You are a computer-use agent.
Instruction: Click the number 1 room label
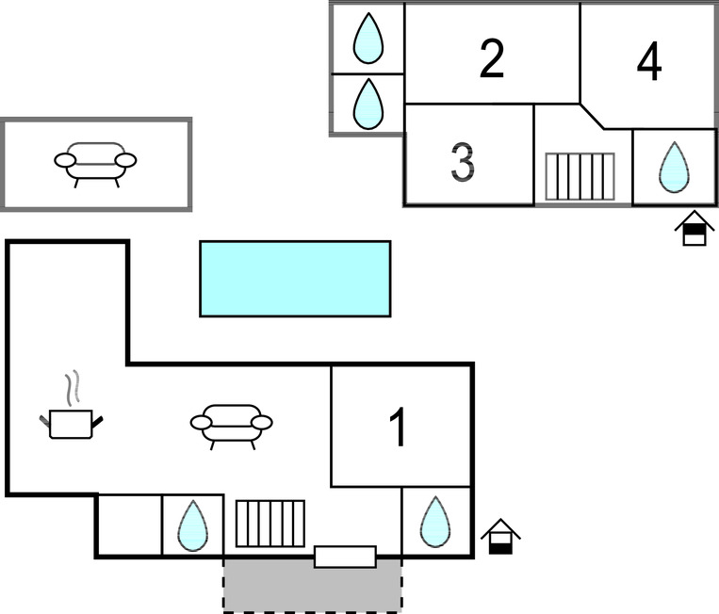[399, 428]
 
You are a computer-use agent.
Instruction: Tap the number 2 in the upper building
[491, 58]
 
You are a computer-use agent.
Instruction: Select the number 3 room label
[462, 162]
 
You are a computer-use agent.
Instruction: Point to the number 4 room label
[648, 62]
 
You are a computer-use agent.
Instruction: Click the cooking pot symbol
[71, 423]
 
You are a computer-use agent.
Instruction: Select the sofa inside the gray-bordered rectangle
[95, 162]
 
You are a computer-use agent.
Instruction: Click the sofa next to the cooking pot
[231, 425]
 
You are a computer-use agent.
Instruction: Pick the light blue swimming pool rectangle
[295, 278]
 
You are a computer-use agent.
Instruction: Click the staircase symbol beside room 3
[580, 176]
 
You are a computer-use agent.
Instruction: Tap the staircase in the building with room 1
[270, 524]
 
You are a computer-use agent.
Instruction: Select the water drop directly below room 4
[674, 167]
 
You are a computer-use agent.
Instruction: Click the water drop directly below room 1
[435, 522]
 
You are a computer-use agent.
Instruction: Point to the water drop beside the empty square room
[192, 525]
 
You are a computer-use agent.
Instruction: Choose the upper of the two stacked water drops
[368, 38]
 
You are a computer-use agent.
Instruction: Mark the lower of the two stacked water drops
[368, 104]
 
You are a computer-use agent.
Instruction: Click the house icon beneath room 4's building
[694, 229]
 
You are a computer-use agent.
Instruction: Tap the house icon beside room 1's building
[500, 537]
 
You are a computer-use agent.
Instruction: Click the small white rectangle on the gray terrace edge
[345, 557]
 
